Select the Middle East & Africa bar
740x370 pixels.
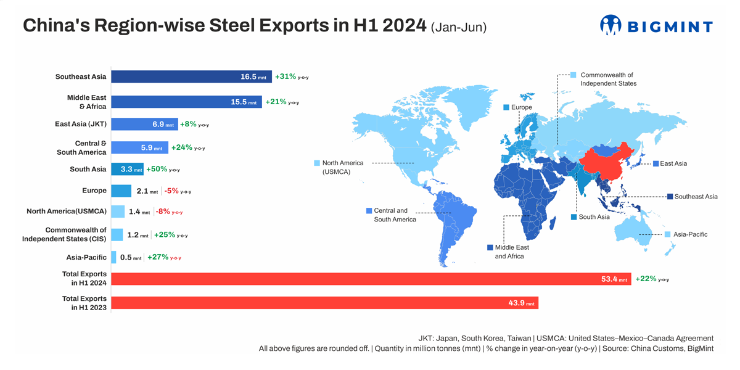pyautogui.click(x=186, y=102)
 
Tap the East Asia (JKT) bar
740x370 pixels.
pyautogui.click(x=144, y=124)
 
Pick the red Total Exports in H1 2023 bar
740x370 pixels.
pyautogui.click(x=324, y=303)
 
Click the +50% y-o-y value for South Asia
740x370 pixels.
pyautogui.click(x=157, y=169)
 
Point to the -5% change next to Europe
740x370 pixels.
pyautogui.click(x=171, y=191)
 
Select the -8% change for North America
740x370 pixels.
pyautogui.click(x=163, y=212)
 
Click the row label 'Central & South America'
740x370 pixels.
pyautogui.click(x=81, y=147)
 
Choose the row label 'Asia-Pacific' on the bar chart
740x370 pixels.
pyautogui.click(x=86, y=257)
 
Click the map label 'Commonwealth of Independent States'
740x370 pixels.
pyautogui.click(x=608, y=79)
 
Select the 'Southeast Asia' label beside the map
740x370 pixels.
pyautogui.click(x=696, y=197)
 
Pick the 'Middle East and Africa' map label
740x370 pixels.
pyautogui.click(x=512, y=252)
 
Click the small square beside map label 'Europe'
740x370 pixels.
pyautogui.click(x=506, y=107)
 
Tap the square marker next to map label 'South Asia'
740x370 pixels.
pyautogui.click(x=573, y=217)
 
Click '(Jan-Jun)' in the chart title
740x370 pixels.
pyautogui.click(x=459, y=27)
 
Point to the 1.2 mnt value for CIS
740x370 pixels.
pyautogui.click(x=133, y=235)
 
